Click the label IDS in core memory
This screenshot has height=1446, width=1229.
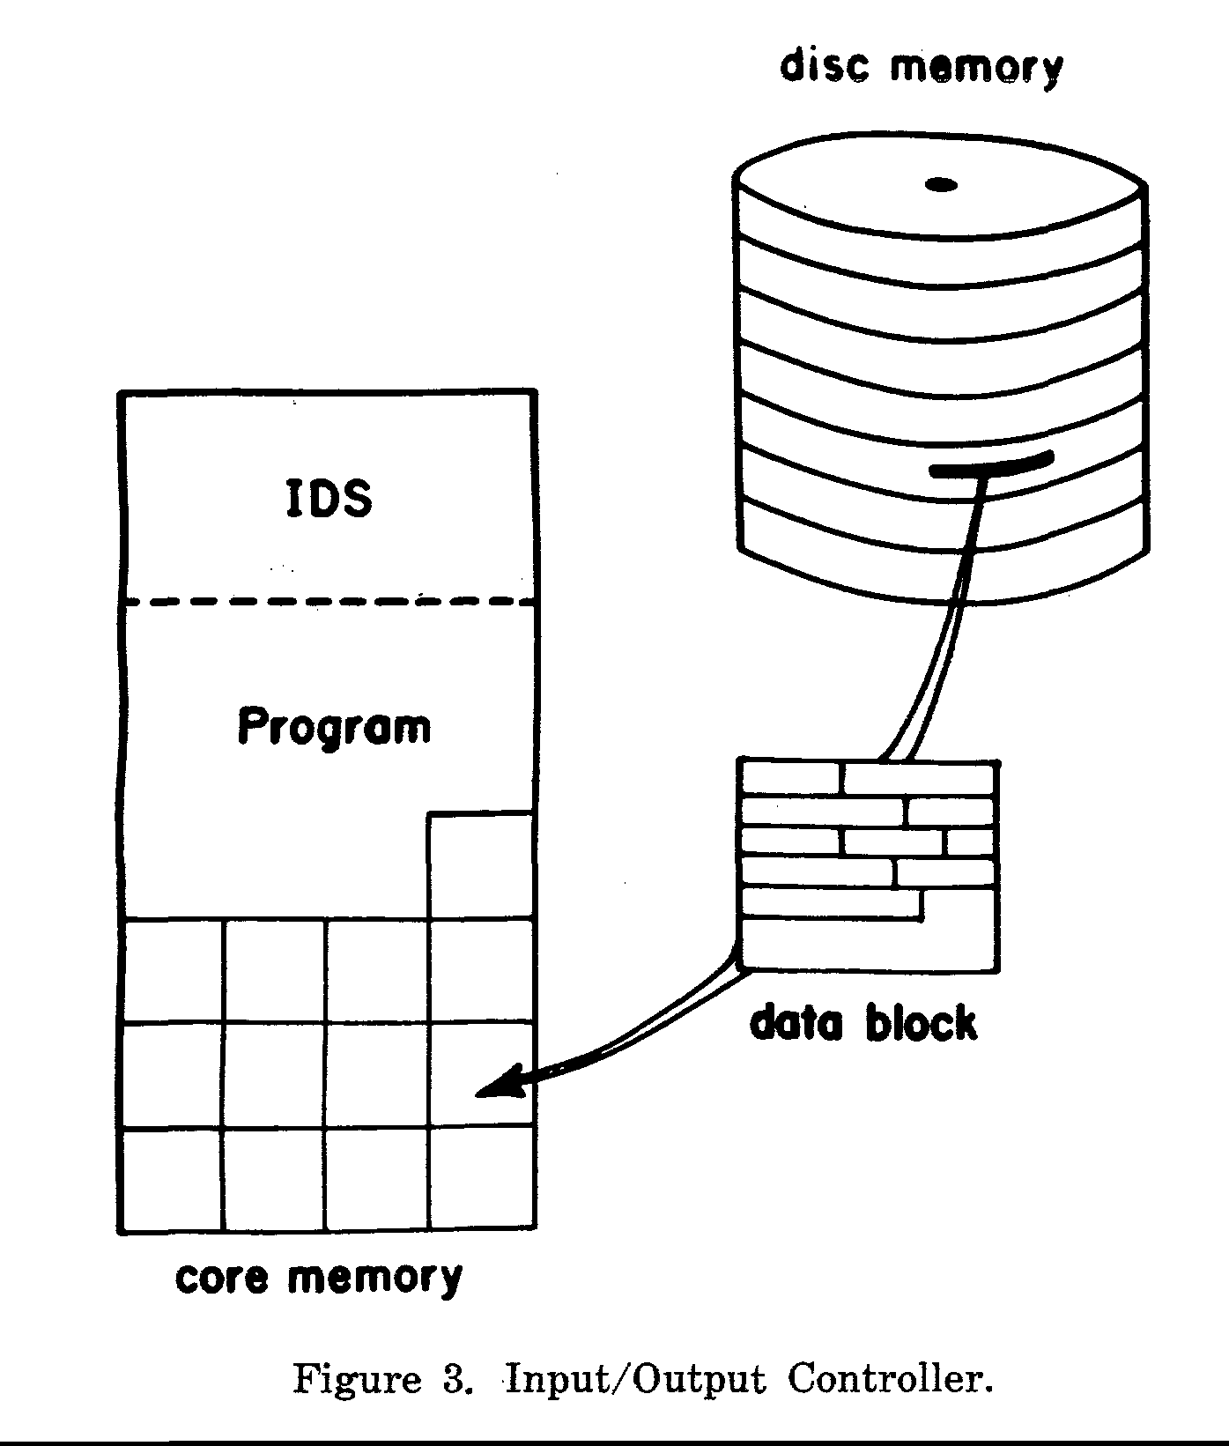(x=329, y=498)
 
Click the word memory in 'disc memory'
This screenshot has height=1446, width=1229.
(x=977, y=70)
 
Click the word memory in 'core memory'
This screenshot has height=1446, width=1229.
(x=376, y=1279)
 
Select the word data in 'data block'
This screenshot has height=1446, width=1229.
(x=796, y=1022)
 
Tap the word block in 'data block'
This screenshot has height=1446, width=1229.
(x=920, y=1022)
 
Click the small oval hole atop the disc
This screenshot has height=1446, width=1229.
(x=940, y=185)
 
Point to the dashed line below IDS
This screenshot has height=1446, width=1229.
(x=329, y=602)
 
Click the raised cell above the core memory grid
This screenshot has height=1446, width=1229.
(x=481, y=867)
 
